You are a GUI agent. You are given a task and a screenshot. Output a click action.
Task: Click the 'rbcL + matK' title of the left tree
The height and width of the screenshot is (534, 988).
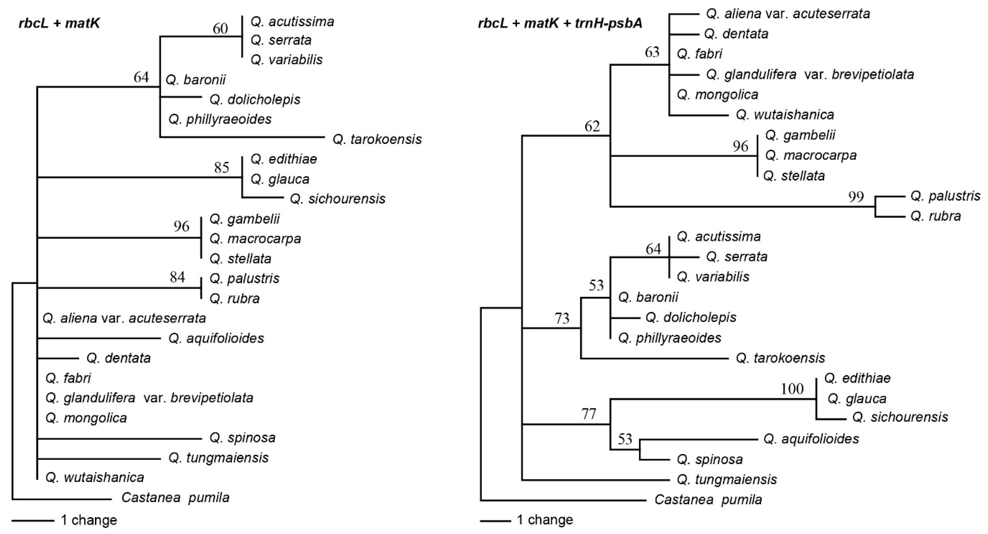pyautogui.click(x=59, y=24)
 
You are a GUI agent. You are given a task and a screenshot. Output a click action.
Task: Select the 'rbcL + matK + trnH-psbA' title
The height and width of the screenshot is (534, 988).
pyautogui.click(x=560, y=24)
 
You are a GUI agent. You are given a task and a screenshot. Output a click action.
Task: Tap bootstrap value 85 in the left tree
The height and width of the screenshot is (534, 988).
pyautogui.click(x=222, y=168)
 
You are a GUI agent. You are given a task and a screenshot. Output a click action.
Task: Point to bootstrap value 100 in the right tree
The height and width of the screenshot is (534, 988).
pyautogui.click(x=792, y=389)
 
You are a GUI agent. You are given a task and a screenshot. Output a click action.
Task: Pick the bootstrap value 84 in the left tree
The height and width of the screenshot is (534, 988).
pyautogui.click(x=177, y=277)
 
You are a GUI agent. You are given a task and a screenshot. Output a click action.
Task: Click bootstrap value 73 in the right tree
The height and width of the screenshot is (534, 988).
pyautogui.click(x=562, y=318)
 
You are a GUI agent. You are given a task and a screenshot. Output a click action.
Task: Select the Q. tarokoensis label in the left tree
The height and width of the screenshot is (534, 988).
pyautogui.click(x=377, y=139)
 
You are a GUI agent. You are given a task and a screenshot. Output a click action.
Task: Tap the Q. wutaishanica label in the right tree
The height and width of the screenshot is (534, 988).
pyautogui.click(x=785, y=115)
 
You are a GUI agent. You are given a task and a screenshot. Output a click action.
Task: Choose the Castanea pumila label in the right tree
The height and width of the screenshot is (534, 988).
pyautogui.click(x=708, y=500)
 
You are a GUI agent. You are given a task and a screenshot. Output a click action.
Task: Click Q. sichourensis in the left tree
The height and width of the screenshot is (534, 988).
pyautogui.click(x=337, y=199)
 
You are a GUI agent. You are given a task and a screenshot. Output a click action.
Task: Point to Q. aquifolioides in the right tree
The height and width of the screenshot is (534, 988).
pyautogui.click(x=811, y=439)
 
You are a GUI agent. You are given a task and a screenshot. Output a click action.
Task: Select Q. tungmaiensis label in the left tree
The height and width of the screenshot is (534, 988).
pyautogui.click(x=218, y=458)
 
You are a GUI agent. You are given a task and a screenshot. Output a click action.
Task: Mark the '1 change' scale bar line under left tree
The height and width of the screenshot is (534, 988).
pyautogui.click(x=33, y=521)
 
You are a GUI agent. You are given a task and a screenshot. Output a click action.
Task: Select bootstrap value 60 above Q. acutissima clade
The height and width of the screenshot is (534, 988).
pyautogui.click(x=220, y=29)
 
